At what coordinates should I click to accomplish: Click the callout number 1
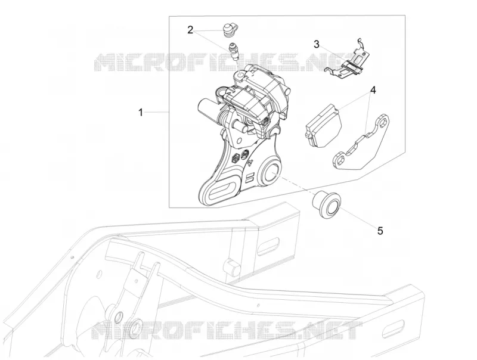tap(141, 113)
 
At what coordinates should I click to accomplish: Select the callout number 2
tap(190, 30)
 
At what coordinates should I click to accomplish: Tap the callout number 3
tap(317, 44)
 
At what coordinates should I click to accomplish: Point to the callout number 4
tap(373, 90)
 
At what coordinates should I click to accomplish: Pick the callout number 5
tap(380, 231)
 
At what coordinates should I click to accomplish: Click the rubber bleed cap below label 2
tap(230, 30)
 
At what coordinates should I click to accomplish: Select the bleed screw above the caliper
tap(233, 51)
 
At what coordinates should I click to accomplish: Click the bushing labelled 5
tap(326, 204)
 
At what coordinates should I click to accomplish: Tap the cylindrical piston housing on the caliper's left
tap(208, 110)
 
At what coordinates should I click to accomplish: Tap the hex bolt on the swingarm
tap(232, 266)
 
